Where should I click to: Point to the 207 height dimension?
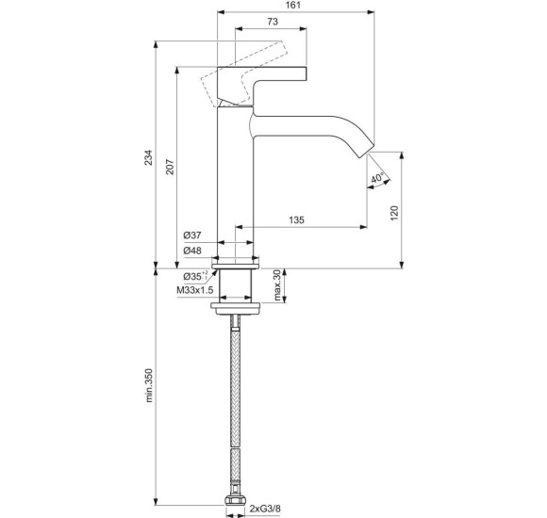click(x=169, y=167)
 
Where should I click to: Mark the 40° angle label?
click(x=376, y=179)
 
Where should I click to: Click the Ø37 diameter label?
click(x=193, y=235)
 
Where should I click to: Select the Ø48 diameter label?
click(x=193, y=251)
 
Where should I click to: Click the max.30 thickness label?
click(x=277, y=286)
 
